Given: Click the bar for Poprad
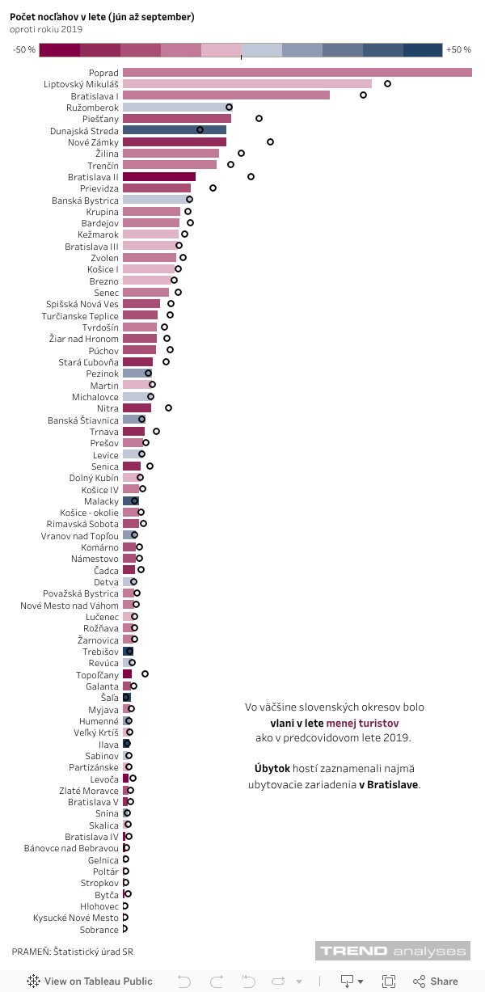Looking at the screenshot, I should (x=297, y=73).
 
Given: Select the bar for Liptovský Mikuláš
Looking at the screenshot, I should (x=247, y=84).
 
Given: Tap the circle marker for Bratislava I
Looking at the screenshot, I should (x=363, y=95).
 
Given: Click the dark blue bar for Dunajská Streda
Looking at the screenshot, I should (x=174, y=130).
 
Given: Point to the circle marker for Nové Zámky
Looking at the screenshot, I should (x=270, y=141).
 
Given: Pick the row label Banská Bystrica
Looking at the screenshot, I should (x=85, y=201).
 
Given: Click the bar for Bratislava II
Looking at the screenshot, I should (x=158, y=177).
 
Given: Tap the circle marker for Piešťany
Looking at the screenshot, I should (x=259, y=119).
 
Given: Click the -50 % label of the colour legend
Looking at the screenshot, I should (x=24, y=50).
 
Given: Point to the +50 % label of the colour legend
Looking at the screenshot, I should (x=458, y=50).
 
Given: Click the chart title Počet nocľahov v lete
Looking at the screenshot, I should (x=102, y=17).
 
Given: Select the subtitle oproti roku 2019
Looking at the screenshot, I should (x=47, y=29).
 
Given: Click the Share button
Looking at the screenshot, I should (x=436, y=981).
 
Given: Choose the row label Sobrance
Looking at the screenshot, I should (x=99, y=930).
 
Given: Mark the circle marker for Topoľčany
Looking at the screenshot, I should (x=145, y=673).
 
